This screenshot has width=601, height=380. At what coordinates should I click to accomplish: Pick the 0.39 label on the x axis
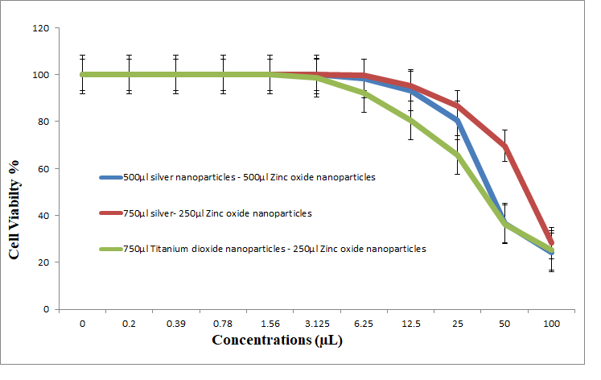[x=176, y=323]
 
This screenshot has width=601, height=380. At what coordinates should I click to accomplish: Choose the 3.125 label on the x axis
[x=316, y=323]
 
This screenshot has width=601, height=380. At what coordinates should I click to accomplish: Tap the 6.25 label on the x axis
[x=364, y=323]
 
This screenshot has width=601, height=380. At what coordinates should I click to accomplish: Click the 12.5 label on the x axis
[x=410, y=323]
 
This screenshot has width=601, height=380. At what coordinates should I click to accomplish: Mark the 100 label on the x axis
[x=551, y=323]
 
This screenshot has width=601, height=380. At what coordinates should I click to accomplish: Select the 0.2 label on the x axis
[x=129, y=323]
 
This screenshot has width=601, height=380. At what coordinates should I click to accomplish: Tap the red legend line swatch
[x=110, y=213]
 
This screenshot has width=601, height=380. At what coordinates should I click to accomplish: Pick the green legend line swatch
[x=110, y=249]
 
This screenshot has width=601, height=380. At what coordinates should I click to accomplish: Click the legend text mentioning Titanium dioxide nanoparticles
[x=274, y=249]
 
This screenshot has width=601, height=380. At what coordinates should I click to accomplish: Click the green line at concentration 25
[x=457, y=155]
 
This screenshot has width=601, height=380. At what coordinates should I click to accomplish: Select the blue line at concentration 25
[x=457, y=122]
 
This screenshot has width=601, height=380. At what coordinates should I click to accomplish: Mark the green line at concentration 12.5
[x=410, y=120]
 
